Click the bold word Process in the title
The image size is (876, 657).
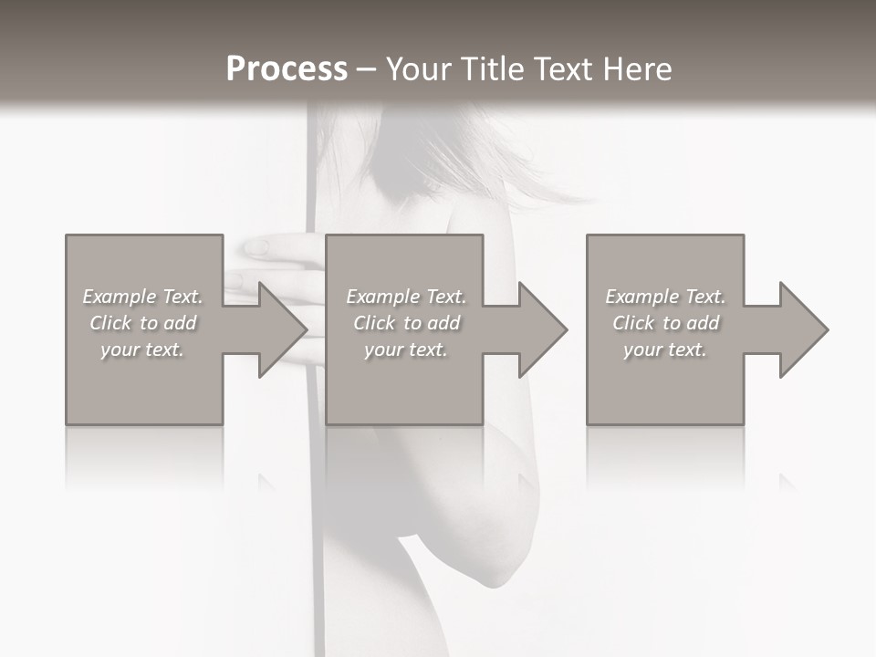[287, 69]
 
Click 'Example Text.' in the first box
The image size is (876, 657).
[142, 297]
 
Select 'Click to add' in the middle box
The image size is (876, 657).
[406, 323]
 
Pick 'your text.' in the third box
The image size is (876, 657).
[665, 349]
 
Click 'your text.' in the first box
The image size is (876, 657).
[142, 349]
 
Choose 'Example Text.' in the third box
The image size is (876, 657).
[665, 297]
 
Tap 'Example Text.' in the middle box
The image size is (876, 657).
[406, 297]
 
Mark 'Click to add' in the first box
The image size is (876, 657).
[142, 323]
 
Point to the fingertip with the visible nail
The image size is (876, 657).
[256, 246]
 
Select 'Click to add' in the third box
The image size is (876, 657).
[665, 323]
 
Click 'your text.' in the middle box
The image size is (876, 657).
[406, 349]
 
